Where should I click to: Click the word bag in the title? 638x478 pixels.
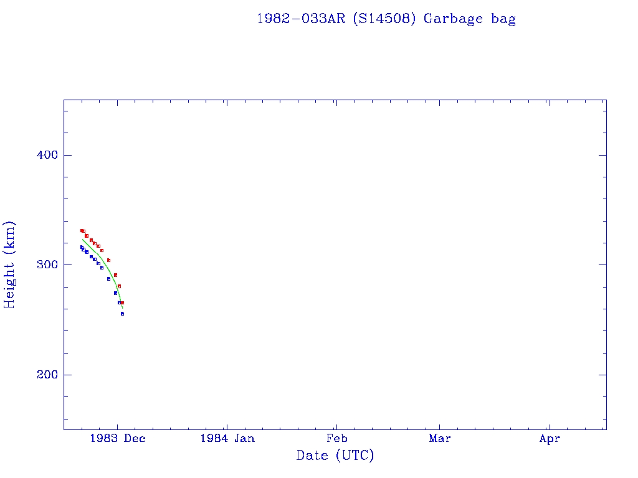pos(503,19)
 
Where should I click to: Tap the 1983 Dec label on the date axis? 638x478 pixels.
pos(118,439)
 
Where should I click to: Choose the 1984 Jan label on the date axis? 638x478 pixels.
pos(227,439)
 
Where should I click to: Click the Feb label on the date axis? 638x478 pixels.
pos(336,439)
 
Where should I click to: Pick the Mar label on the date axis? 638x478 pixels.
pos(440,439)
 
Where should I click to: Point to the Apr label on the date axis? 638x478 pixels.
pos(550,439)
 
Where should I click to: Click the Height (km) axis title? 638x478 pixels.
pos(10,265)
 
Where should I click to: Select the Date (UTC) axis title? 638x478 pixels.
pos(335,456)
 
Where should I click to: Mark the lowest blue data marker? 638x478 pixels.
pos(122,314)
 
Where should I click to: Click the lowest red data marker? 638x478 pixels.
pos(122,302)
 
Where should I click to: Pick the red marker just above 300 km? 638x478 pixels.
pos(108,260)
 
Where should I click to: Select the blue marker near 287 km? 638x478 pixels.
pos(108,279)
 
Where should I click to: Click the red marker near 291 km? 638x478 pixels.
pos(115,274)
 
